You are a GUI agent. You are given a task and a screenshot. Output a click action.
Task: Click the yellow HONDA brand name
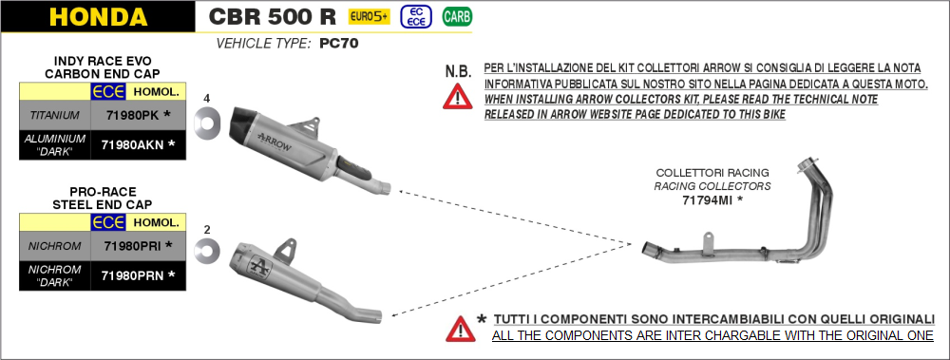pyautogui.click(x=98, y=16)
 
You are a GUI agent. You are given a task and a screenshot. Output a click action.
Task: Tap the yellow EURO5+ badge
pyautogui.click(x=369, y=17)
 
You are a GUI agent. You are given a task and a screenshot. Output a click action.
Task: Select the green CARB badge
pyautogui.click(x=457, y=17)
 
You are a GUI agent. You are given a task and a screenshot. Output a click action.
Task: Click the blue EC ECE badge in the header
pyautogui.click(x=416, y=17)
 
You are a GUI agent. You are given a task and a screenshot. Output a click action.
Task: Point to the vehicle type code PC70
pyautogui.click(x=339, y=44)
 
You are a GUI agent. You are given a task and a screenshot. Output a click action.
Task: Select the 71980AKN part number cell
pyautogui.click(x=139, y=144)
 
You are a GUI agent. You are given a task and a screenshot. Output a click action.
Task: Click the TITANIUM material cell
pyautogui.click(x=55, y=115)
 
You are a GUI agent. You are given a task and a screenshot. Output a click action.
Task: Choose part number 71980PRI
pyautogui.click(x=133, y=245)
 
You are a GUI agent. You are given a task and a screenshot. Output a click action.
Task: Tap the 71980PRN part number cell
pyautogui.click(x=139, y=275)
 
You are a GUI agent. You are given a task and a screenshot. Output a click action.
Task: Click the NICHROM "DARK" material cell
pyautogui.click(x=55, y=275)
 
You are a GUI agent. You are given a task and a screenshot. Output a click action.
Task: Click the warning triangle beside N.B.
pyautogui.click(x=458, y=97)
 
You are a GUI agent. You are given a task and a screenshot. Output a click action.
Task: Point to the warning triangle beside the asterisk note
pyautogui.click(x=461, y=329)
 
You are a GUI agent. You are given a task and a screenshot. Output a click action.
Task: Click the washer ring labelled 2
pyautogui.click(x=207, y=251)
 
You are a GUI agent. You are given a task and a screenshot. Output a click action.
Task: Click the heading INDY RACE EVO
pyautogui.click(x=103, y=61)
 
